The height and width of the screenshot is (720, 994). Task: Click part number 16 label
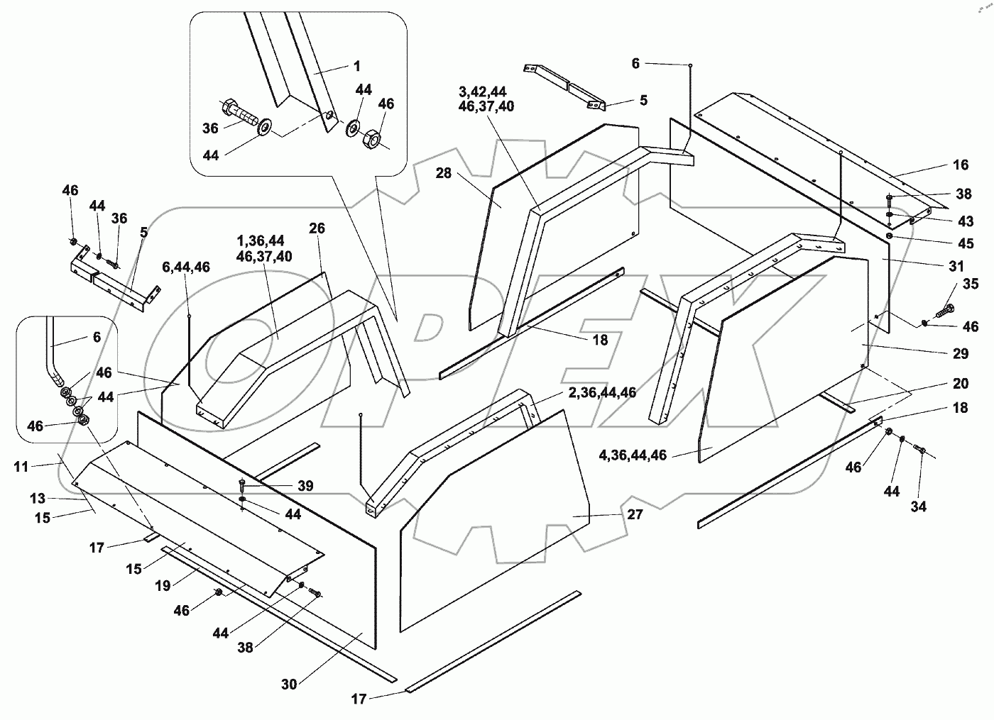[x=960, y=165]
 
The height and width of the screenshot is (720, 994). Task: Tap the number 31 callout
[x=956, y=266]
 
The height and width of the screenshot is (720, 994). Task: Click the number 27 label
[x=635, y=514]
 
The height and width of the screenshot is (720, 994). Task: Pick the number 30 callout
[x=289, y=685]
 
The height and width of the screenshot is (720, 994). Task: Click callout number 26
[x=317, y=228]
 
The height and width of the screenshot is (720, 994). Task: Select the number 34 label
[x=919, y=506]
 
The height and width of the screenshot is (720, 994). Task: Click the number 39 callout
[x=305, y=486]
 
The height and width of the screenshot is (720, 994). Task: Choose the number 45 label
[x=965, y=243]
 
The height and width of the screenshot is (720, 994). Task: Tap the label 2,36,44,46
[x=602, y=392]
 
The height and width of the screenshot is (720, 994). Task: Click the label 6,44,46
[x=185, y=267]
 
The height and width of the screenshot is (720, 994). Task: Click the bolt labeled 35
[x=944, y=310]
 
